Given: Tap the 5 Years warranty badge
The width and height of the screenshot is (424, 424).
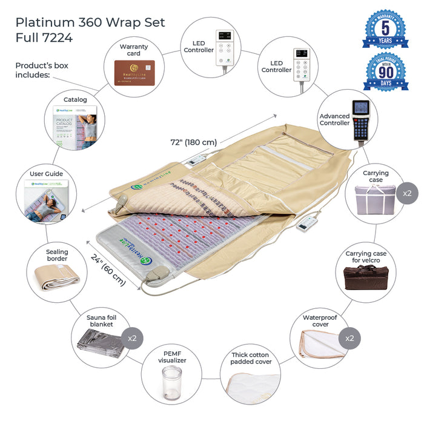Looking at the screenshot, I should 385,28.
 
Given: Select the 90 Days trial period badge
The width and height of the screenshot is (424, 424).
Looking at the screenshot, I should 386,71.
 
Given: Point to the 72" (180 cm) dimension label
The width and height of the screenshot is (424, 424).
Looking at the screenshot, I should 193,142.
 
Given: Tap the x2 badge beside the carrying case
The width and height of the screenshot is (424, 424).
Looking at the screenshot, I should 406,193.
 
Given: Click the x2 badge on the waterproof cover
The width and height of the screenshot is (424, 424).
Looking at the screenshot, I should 349,337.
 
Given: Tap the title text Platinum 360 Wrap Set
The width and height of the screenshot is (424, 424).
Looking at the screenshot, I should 90,22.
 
